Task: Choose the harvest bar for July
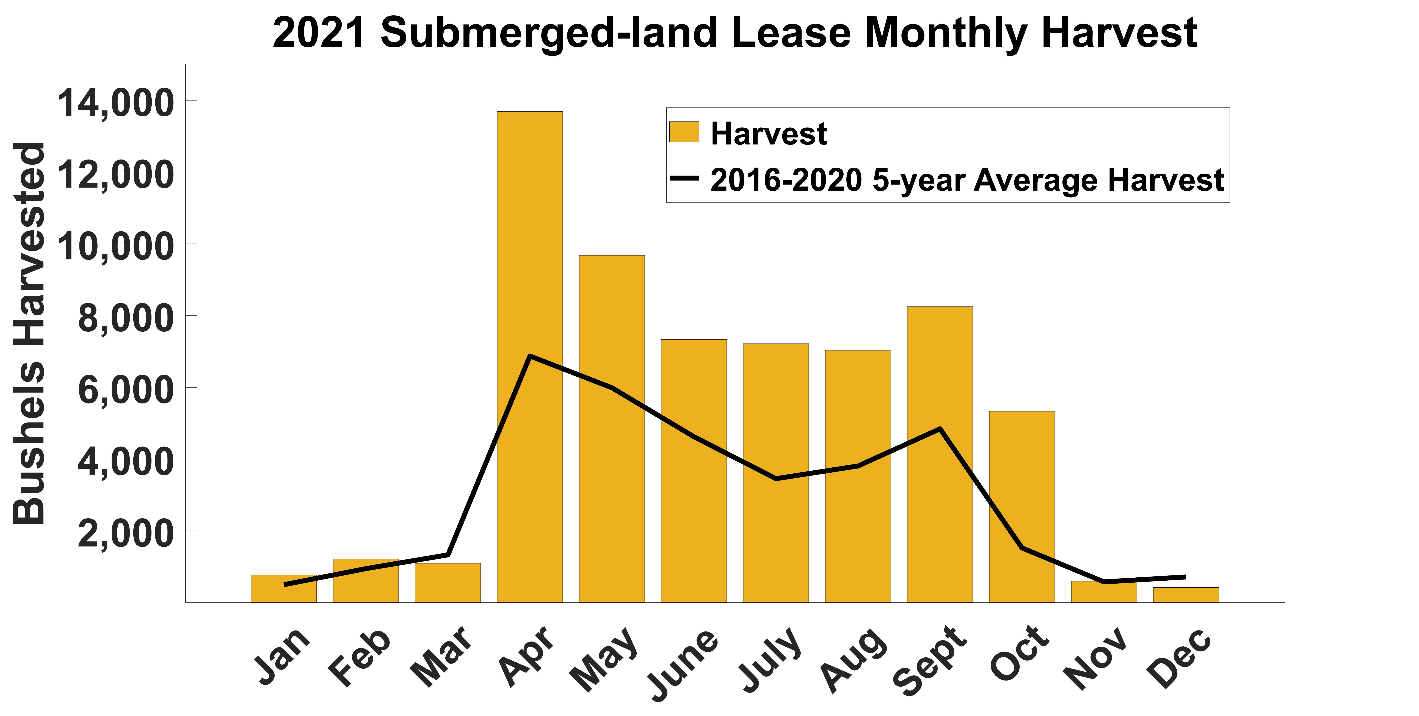pos(776,413)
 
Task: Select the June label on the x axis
pos(683,664)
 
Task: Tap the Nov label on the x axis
pos(1096,659)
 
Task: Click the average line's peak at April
pos(529,356)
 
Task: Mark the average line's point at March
pos(448,554)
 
